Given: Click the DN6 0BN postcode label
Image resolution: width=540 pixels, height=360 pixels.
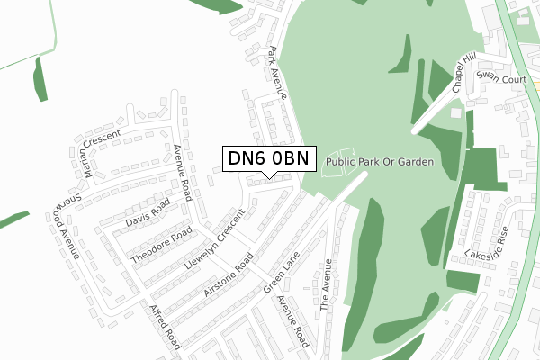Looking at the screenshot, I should pyautogui.click(x=268, y=159).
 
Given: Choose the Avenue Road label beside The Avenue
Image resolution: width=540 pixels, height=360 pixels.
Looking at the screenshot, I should pyautogui.click(x=293, y=321).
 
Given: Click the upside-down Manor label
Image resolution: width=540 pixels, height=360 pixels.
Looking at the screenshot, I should pyautogui.click(x=88, y=162).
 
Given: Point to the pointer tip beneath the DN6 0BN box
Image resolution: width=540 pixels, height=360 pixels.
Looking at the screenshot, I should pyautogui.click(x=268, y=176).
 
